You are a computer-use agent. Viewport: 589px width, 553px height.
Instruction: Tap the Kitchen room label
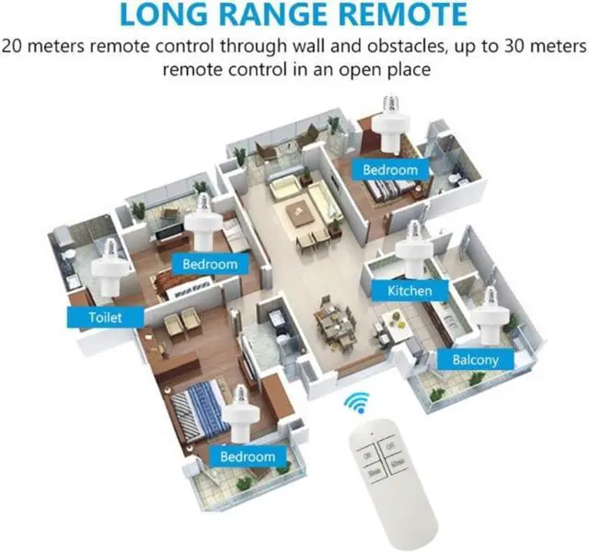[x=402, y=290]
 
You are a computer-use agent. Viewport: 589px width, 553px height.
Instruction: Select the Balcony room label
[x=475, y=359]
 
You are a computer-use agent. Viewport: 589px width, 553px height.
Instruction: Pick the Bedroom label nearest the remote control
[x=247, y=455]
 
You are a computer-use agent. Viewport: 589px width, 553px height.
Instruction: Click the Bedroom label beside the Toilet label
[x=209, y=264]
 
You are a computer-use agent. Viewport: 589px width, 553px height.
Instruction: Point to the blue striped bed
[x=199, y=406]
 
